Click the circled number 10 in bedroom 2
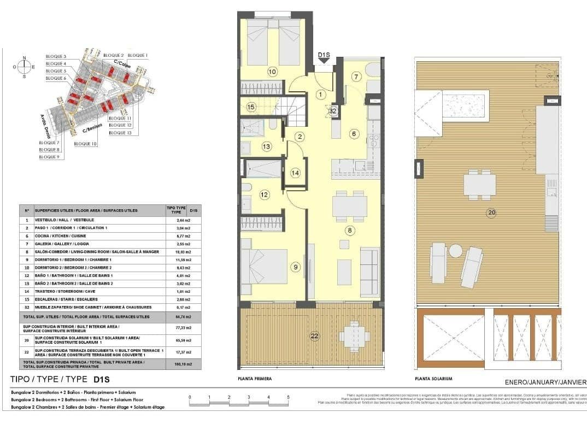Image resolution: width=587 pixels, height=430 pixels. pyautogui.click(x=272, y=72)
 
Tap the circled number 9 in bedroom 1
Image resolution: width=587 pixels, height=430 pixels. pyautogui.click(x=296, y=267)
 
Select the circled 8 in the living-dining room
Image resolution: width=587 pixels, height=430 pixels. pyautogui.click(x=349, y=231)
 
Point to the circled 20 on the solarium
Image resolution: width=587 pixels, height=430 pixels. pyautogui.click(x=491, y=213)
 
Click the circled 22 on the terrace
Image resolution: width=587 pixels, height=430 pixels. pyautogui.click(x=314, y=336)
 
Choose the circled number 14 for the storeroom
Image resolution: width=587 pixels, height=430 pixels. pyautogui.click(x=295, y=173)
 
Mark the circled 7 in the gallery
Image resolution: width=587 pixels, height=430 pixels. pyautogui.click(x=356, y=77)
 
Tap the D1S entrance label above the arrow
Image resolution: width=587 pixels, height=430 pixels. pyautogui.click(x=324, y=55)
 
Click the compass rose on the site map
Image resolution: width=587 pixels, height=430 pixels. pyautogui.click(x=24, y=67)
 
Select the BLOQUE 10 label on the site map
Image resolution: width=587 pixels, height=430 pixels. pyautogui.click(x=85, y=144)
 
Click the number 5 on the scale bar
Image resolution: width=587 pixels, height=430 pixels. pyautogui.click(x=288, y=397)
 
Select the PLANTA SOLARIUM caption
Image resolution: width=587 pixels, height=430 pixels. pyautogui.click(x=433, y=379)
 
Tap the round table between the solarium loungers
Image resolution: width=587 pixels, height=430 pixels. pyautogui.click(x=456, y=251)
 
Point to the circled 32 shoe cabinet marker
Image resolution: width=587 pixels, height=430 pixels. pyautogui.click(x=333, y=110)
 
